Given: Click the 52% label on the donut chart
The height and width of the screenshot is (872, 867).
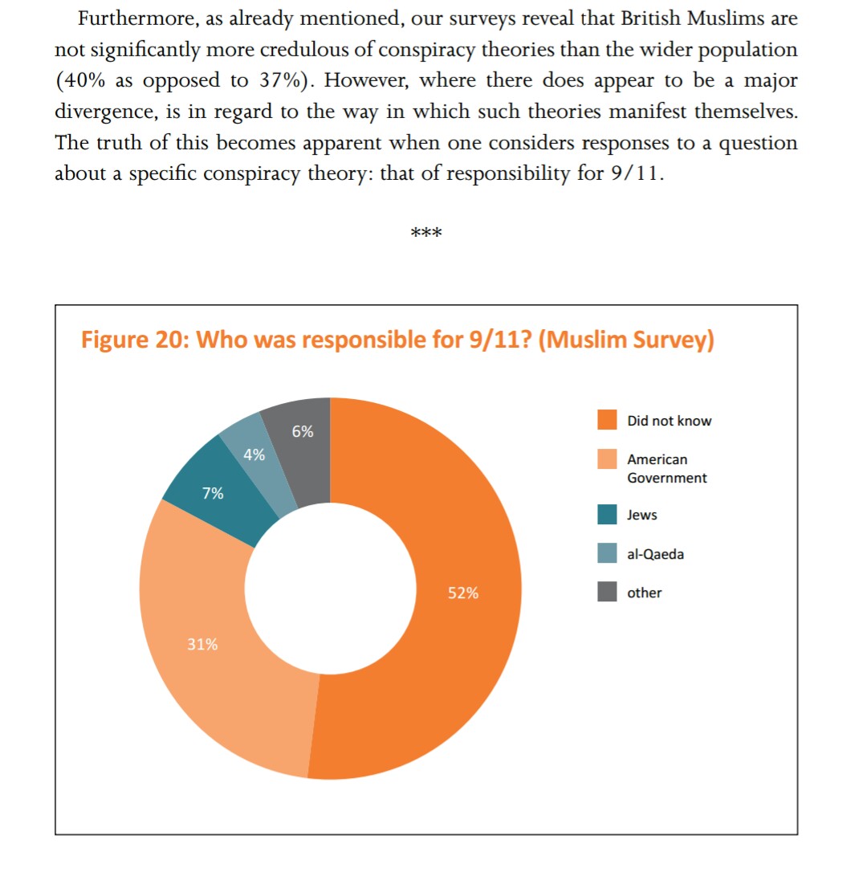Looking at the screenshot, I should coord(463,593).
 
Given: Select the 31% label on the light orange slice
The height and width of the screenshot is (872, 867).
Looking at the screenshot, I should coord(202,644).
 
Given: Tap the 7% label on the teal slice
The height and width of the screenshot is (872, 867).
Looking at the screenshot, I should coord(213,494).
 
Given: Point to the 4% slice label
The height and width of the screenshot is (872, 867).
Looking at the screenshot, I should coord(254,454).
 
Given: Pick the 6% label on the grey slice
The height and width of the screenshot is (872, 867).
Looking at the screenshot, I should coord(303,431).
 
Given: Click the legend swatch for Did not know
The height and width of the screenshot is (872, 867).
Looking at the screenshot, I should coord(608,421).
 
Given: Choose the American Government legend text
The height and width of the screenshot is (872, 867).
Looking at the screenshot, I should coord(666,469).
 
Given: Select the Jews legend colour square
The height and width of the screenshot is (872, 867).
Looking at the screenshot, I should coord(608,515).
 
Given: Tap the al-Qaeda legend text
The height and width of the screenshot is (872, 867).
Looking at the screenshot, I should coord(656,554).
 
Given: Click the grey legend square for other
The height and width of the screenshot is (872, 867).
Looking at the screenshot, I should coord(608,593).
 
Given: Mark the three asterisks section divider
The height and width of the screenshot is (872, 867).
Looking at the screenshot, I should coord(425,234).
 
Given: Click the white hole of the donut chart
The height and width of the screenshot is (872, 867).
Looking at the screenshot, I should coord(329,588).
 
